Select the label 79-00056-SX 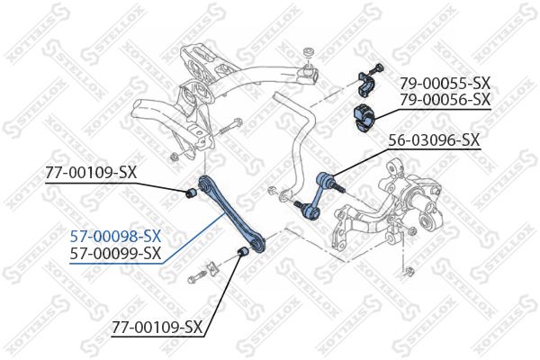(x=444, y=99)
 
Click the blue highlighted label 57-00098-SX (x=116, y=236)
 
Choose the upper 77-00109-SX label (x=91, y=171)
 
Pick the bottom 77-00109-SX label (x=157, y=327)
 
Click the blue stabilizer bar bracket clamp (x=367, y=83)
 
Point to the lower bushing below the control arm (x=242, y=250)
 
